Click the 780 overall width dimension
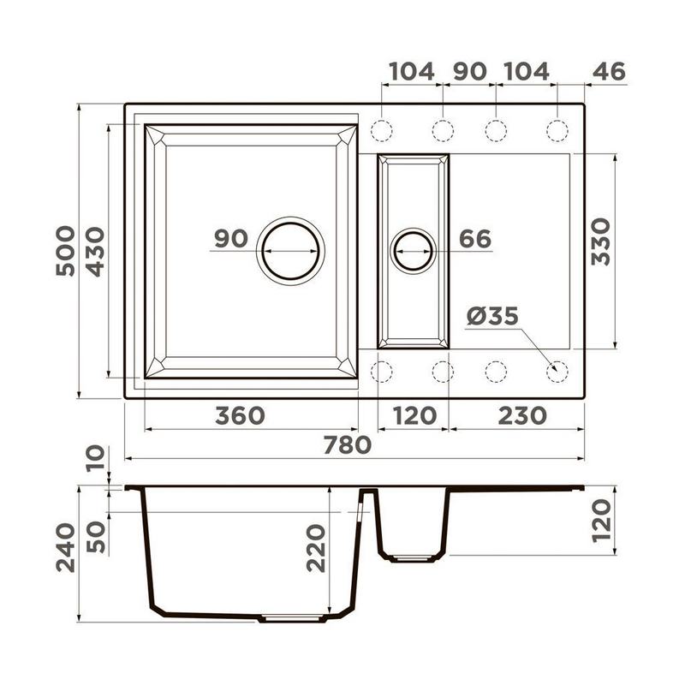(x=348, y=445)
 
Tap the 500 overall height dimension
(x=66, y=251)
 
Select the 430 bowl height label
(x=95, y=252)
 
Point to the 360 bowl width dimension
(x=240, y=415)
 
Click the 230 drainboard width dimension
(x=522, y=415)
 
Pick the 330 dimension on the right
(x=601, y=241)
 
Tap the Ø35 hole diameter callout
(x=492, y=316)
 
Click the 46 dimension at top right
(x=609, y=71)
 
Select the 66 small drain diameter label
(x=475, y=239)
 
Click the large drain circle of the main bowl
(x=290, y=223)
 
